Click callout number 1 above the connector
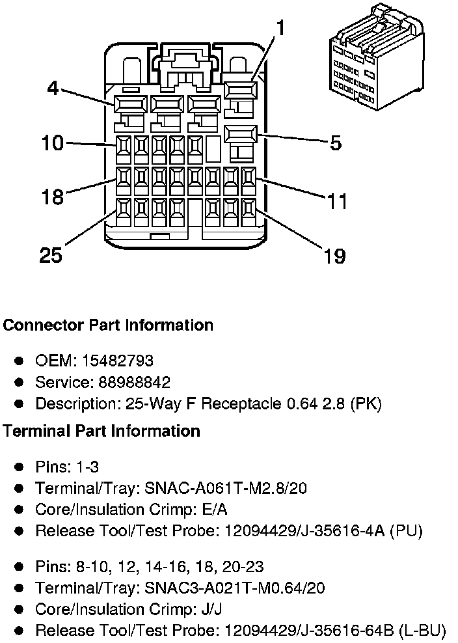tap(280, 28)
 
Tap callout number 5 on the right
tap(335, 143)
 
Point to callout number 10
tap(52, 143)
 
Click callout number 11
tap(337, 200)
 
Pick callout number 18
tap(53, 197)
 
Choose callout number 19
tap(334, 256)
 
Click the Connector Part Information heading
tap(108, 325)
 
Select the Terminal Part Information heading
tap(101, 431)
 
